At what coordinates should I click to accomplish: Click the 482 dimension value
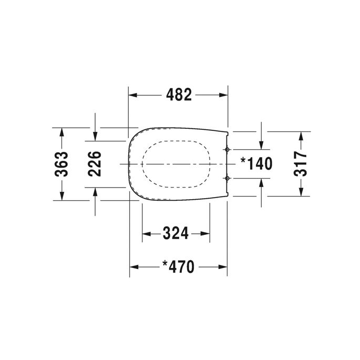(179, 95)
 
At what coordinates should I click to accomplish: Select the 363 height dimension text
(61, 163)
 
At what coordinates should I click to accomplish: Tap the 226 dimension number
(95, 163)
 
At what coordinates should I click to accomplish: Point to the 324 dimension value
(176, 233)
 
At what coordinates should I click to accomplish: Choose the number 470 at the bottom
(182, 267)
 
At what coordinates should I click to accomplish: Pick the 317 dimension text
(300, 163)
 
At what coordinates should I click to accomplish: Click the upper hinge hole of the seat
(227, 150)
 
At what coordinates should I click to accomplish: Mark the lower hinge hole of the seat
(227, 178)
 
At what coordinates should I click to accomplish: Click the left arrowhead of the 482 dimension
(133, 95)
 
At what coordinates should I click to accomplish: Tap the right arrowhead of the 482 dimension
(223, 95)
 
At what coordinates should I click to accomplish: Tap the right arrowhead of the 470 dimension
(223, 267)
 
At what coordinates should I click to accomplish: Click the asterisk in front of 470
(164, 264)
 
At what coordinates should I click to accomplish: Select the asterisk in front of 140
(243, 161)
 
